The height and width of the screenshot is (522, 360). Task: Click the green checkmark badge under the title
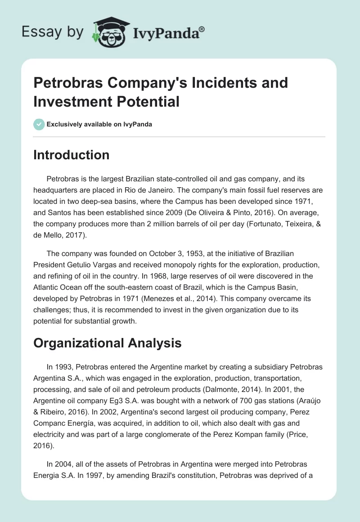[39, 124]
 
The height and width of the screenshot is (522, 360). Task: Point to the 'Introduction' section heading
[72, 155]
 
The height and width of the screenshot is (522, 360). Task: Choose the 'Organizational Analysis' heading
[108, 343]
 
